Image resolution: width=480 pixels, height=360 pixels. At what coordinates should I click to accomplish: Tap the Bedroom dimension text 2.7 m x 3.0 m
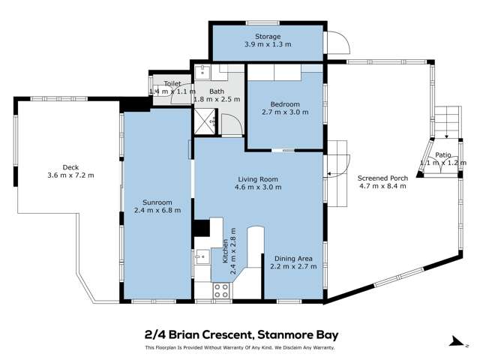tap(285, 112)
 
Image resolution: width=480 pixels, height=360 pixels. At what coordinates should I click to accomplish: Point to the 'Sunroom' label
tap(157, 202)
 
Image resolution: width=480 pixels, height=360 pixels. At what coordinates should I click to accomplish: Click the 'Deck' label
tap(71, 167)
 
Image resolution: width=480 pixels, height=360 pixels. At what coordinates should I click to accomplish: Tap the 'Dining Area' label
tap(293, 258)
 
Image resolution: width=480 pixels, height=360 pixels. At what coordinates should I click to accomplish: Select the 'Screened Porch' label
tap(382, 178)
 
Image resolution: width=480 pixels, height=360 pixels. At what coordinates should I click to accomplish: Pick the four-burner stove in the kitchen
tap(221, 291)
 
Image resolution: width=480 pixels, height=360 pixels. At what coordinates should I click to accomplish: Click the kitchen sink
tap(201, 257)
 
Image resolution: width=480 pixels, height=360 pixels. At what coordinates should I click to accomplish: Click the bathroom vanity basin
tap(203, 73)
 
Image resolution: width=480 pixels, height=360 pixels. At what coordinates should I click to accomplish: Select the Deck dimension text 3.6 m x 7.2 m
tap(71, 175)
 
